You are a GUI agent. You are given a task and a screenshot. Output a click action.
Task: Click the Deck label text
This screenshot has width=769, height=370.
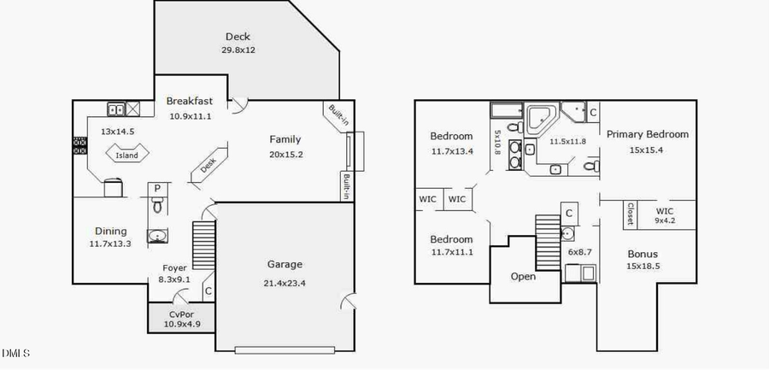click(238, 36)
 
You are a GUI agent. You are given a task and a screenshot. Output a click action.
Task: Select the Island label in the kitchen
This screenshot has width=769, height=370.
click(126, 156)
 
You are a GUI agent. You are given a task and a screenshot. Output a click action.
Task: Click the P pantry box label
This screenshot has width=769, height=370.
click(158, 189)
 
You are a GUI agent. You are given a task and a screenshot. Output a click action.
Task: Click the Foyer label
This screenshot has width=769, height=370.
click(175, 267)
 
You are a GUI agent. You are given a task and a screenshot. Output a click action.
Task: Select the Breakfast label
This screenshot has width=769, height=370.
click(190, 101)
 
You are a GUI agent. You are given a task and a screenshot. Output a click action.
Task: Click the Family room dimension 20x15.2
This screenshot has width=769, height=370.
click(285, 155)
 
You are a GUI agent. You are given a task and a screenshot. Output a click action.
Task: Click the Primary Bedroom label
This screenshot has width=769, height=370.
click(647, 134)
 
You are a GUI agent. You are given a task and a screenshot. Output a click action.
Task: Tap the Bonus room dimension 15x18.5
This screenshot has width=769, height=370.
click(643, 267)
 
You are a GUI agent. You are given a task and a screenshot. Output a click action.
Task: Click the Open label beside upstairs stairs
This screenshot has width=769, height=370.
click(523, 277)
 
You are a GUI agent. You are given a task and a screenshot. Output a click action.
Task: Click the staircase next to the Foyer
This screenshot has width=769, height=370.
click(202, 244)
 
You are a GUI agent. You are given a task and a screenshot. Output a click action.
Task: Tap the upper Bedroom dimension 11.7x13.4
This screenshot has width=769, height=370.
click(451, 151)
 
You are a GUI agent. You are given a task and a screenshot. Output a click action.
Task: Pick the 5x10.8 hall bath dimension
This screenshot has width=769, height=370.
click(496, 143)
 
